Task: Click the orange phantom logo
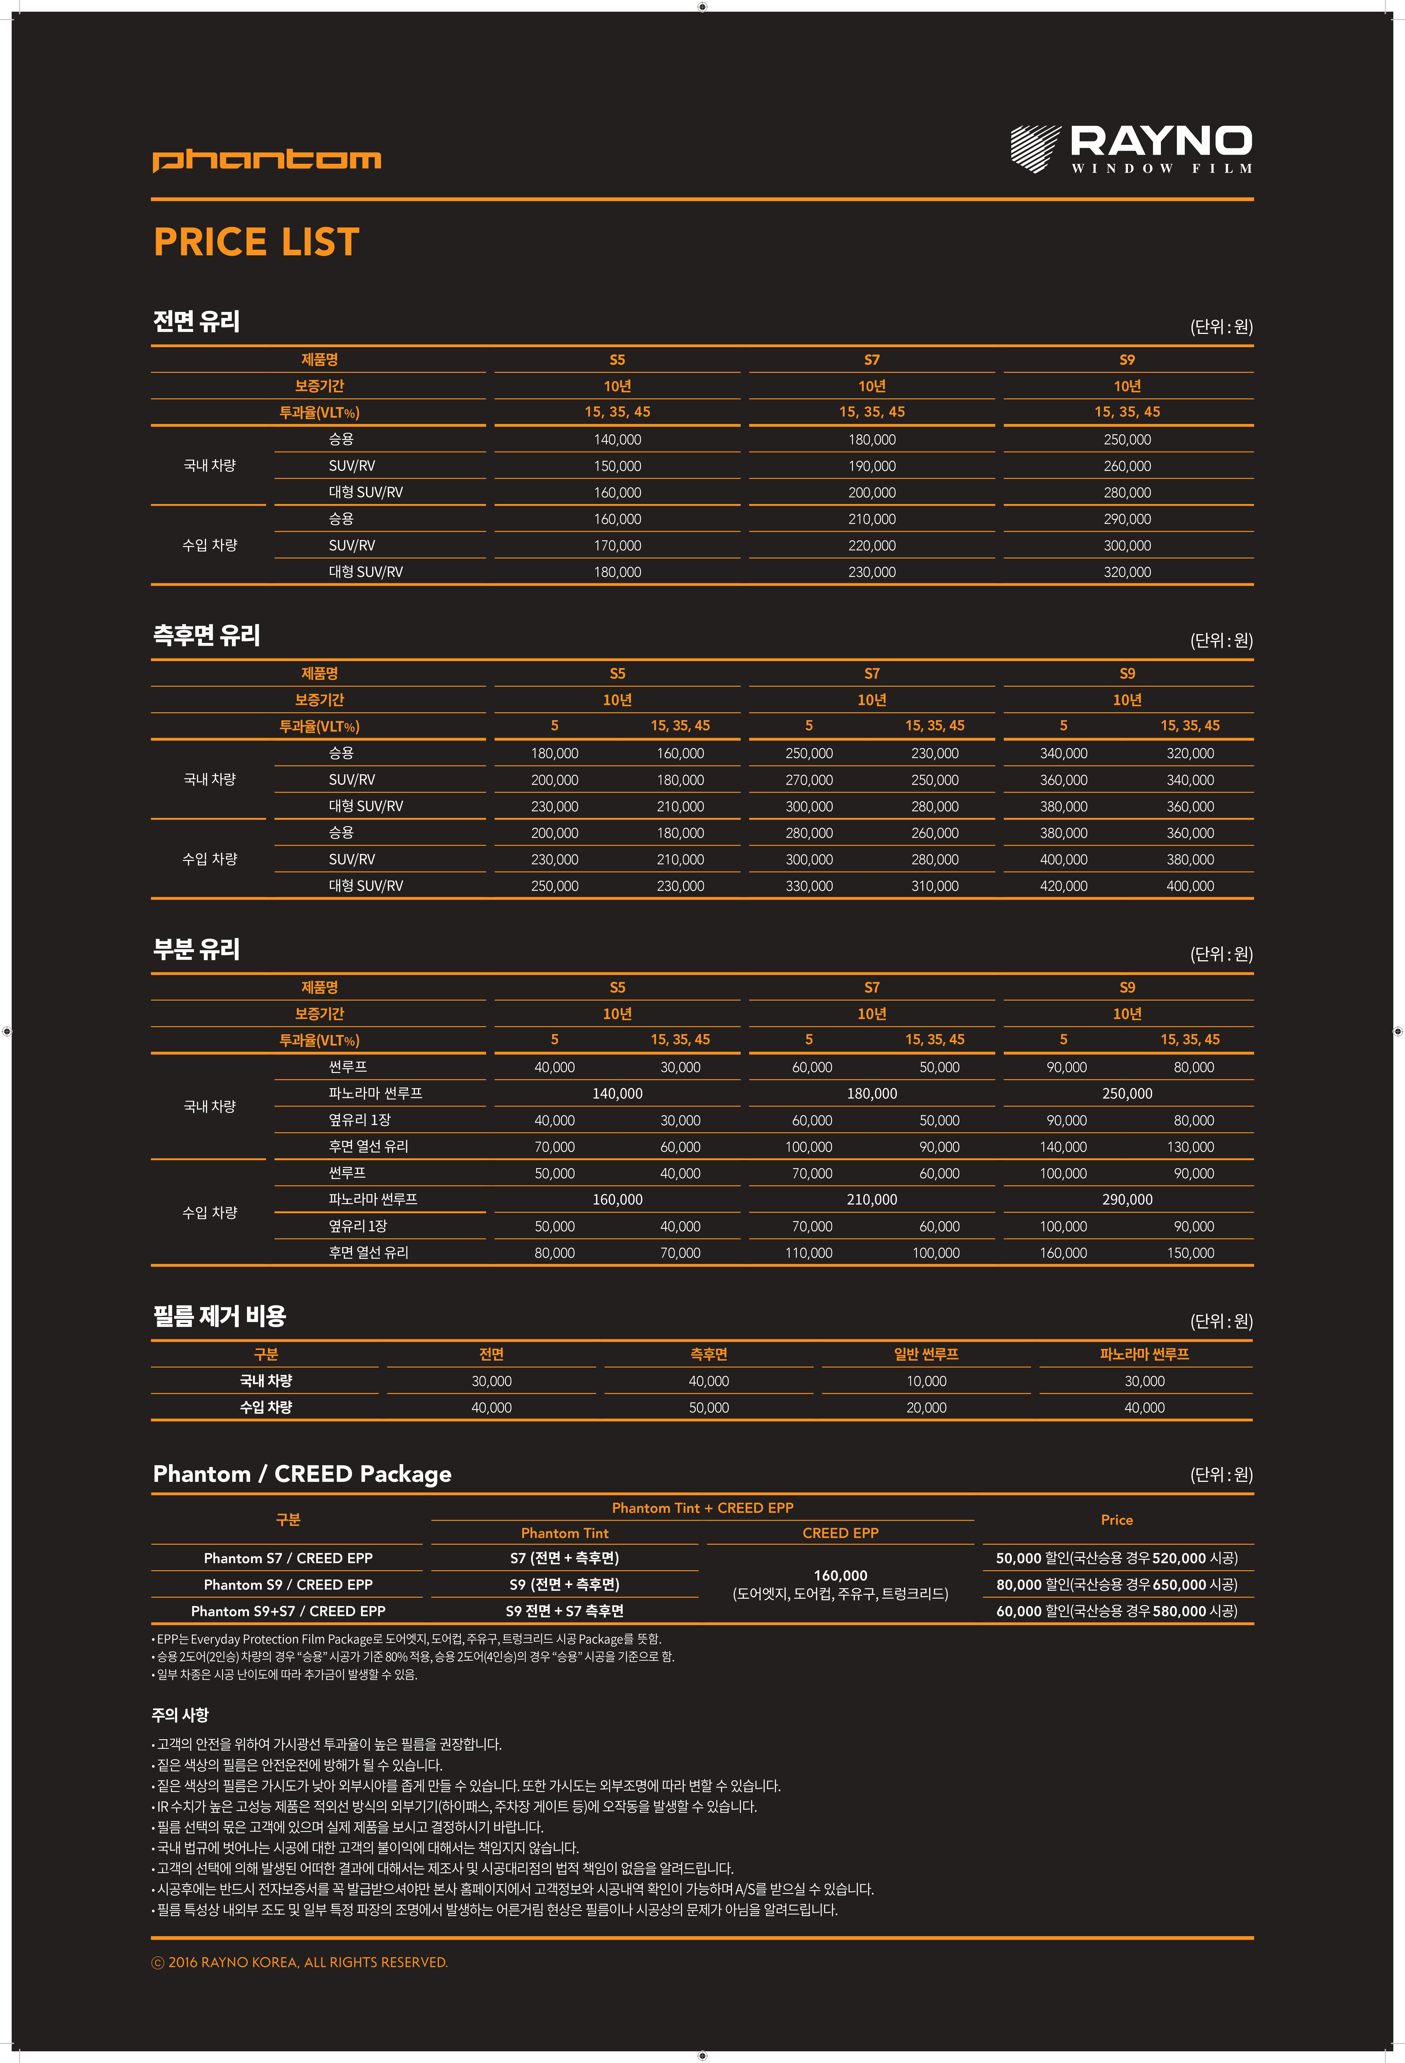pos(266,160)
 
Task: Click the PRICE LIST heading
pos(256,242)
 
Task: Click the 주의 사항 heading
pos(180,1715)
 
